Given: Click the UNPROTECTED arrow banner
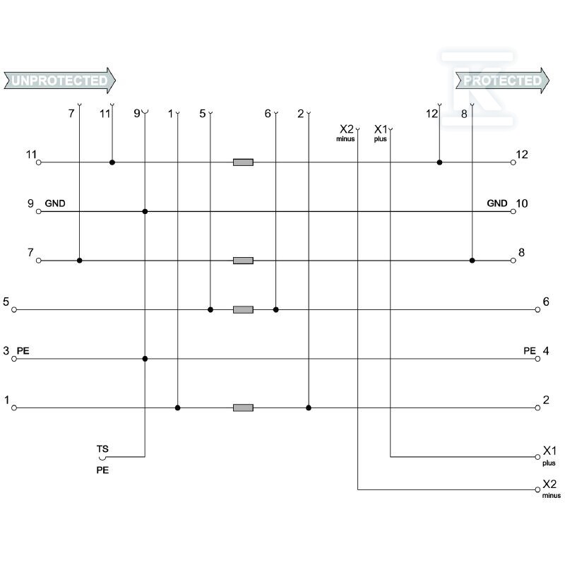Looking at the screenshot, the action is pyautogui.click(x=59, y=81).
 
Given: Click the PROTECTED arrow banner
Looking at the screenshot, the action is pyautogui.click(x=502, y=81).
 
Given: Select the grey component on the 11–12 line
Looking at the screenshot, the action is pyautogui.click(x=243, y=162).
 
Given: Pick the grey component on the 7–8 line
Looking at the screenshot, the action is pyautogui.click(x=243, y=260).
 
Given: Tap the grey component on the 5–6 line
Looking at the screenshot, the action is pyautogui.click(x=243, y=309).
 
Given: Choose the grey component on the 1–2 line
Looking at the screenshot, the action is pyautogui.click(x=243, y=408).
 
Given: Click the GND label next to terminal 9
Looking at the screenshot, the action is pyautogui.click(x=55, y=203).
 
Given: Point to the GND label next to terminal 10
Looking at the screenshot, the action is pyautogui.click(x=497, y=203).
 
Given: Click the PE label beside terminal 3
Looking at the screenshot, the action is pyautogui.click(x=23, y=350).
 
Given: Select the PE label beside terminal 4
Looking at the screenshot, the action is pyautogui.click(x=530, y=350).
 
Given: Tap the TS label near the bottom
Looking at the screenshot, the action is pyautogui.click(x=102, y=448).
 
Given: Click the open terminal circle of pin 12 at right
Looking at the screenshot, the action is pyautogui.click(x=513, y=162).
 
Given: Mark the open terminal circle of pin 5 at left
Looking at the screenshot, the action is pyautogui.click(x=14, y=309).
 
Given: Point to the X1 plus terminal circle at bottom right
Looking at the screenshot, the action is pyautogui.click(x=537, y=457).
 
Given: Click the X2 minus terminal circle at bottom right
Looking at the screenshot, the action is pyautogui.click(x=537, y=489).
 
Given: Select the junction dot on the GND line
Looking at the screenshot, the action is pyautogui.click(x=145, y=211).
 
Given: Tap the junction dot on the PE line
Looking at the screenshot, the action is pyautogui.click(x=145, y=359).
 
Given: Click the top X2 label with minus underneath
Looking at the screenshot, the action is pyautogui.click(x=347, y=129).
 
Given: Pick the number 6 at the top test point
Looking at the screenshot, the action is pyautogui.click(x=268, y=114).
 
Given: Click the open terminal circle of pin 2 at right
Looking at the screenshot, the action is pyautogui.click(x=537, y=408).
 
